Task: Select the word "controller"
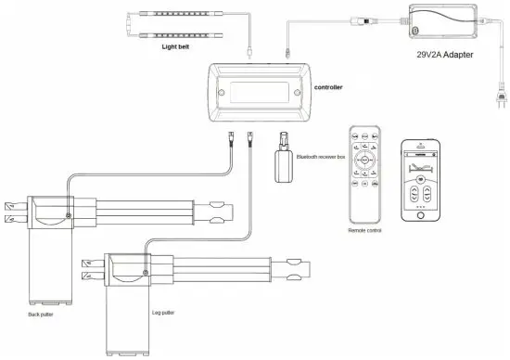click(x=334, y=90)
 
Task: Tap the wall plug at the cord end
click(x=502, y=94)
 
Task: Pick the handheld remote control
click(x=364, y=171)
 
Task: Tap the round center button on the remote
click(x=364, y=159)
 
